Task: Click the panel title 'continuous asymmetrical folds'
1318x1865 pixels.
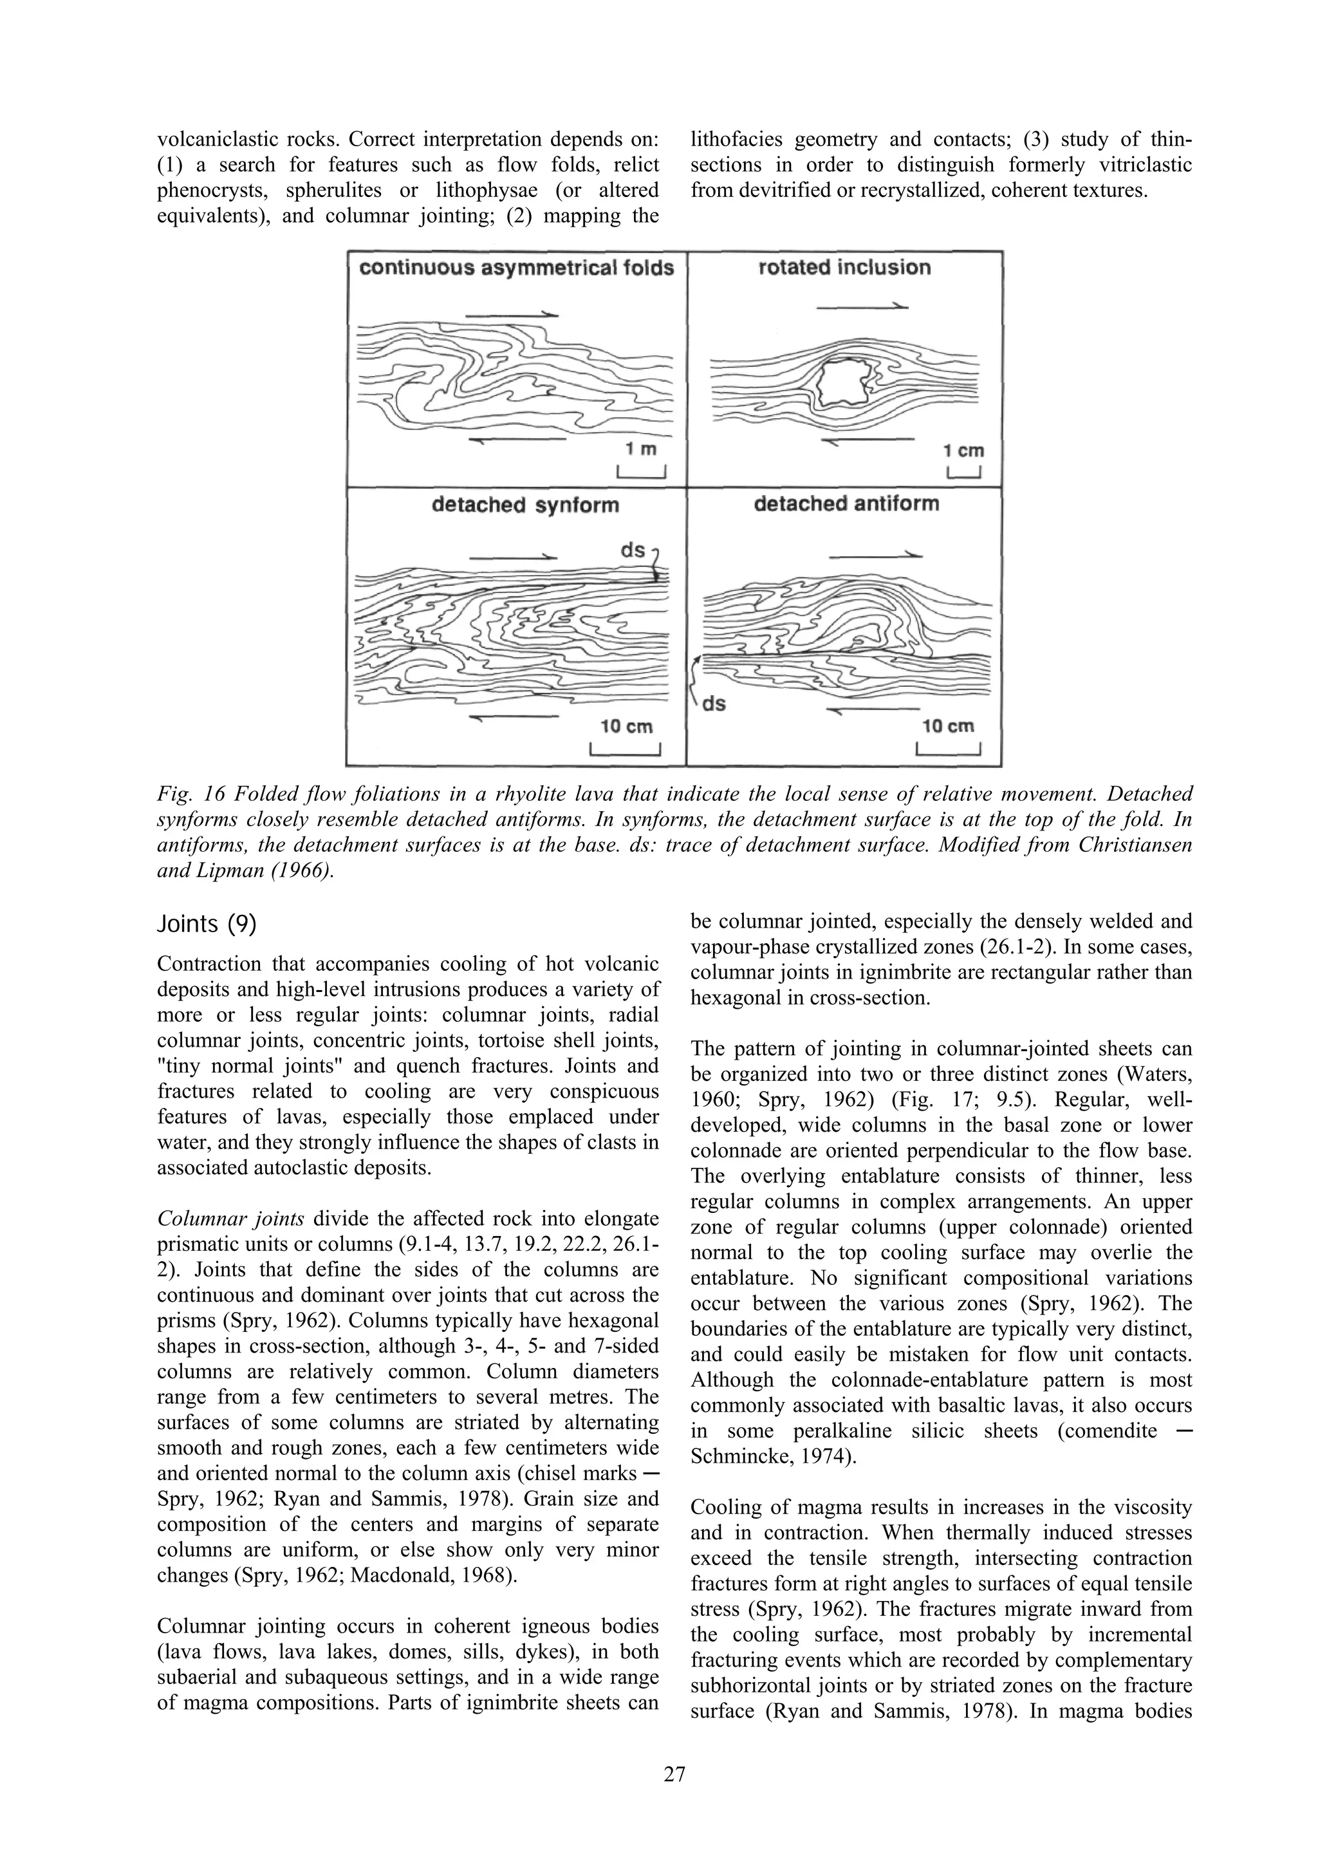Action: (517, 269)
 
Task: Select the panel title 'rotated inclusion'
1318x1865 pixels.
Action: (844, 268)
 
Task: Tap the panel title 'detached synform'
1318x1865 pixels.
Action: (524, 505)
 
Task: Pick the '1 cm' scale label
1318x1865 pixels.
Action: (965, 450)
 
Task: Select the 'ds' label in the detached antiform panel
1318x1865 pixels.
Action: (713, 704)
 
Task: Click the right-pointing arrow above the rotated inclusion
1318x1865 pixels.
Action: (862, 306)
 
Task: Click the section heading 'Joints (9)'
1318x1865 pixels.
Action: (207, 924)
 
